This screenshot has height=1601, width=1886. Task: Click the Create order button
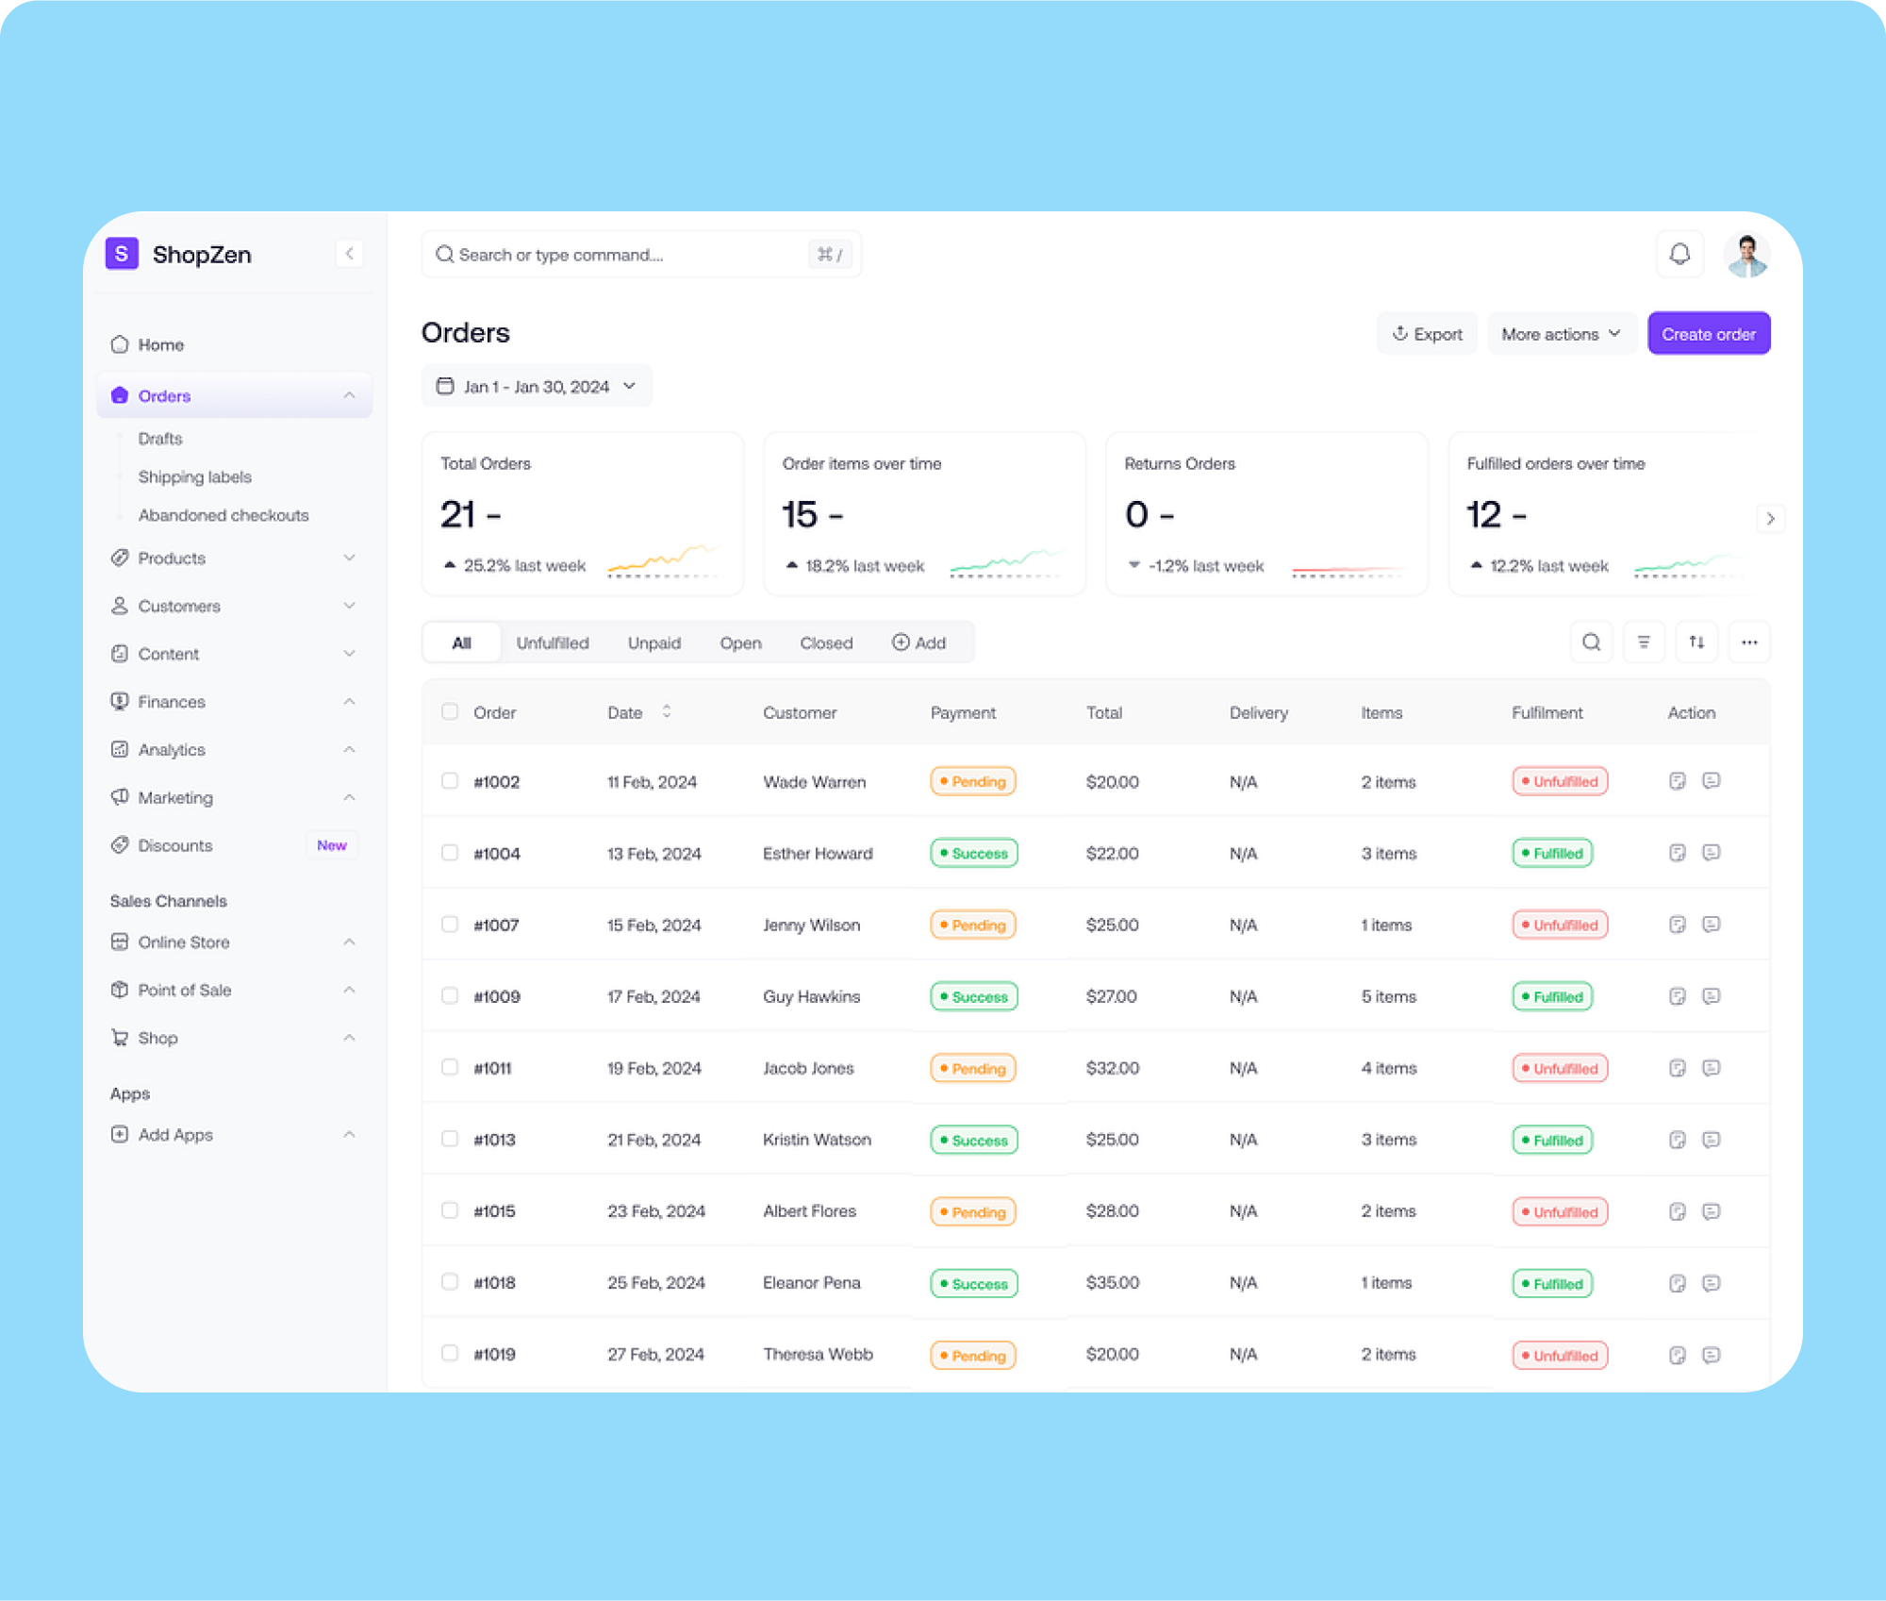[x=1708, y=334]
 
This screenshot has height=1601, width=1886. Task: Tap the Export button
[x=1427, y=334]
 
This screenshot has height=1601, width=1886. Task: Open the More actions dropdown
[x=1560, y=334]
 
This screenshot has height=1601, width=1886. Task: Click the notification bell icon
[x=1679, y=254]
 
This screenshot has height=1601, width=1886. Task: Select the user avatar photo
[x=1746, y=255]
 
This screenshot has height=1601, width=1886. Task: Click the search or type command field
[x=622, y=255]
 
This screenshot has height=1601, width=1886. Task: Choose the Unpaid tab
[x=653, y=642]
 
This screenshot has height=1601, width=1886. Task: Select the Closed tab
[x=826, y=642]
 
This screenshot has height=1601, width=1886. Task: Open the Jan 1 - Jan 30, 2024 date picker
[x=536, y=387]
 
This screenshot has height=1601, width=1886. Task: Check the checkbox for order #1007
[x=450, y=925]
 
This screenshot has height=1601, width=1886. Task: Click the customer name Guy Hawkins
[x=811, y=996]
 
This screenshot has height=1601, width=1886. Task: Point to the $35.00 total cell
[x=1112, y=1282]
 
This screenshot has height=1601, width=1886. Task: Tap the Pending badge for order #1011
[x=972, y=1068]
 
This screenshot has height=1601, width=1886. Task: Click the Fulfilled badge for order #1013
[x=1551, y=1140]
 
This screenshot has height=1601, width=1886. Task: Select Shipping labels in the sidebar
[x=194, y=476]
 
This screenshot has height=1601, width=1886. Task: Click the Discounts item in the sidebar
[x=174, y=845]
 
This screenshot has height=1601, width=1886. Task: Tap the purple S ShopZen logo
[x=122, y=254]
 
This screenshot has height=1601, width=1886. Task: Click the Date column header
[x=625, y=712]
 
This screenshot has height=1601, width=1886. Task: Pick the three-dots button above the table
[x=1748, y=642]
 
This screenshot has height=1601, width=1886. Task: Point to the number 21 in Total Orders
[x=457, y=514]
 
